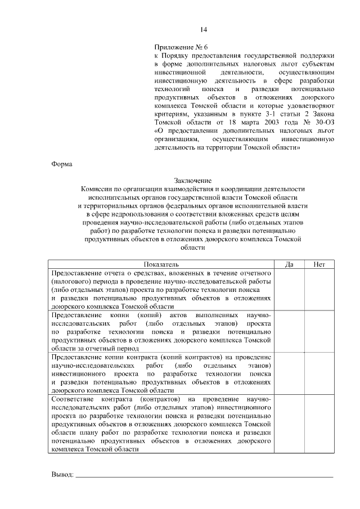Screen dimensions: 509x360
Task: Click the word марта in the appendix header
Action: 225,122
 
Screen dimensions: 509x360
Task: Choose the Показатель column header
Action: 161,264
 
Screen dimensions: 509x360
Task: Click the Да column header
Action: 290,264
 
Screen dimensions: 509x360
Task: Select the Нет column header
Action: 319,264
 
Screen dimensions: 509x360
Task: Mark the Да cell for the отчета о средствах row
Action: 290,289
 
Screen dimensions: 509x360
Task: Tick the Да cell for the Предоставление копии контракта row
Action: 290,373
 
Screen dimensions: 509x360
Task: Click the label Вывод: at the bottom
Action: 62,475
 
